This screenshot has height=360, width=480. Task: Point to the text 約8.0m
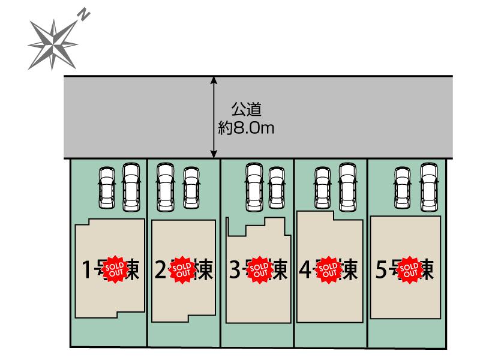tap(247, 128)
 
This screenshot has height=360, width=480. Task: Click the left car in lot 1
tap(107, 186)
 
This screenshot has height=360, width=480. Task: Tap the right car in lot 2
tap(191, 186)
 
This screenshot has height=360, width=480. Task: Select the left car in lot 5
tap(402, 186)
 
